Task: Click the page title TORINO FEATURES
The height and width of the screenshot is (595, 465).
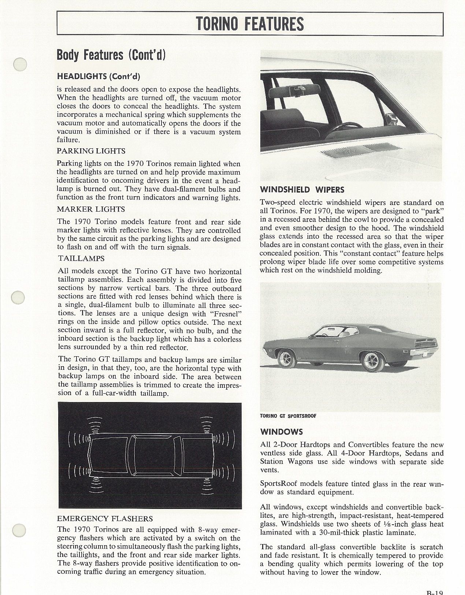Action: [250, 23]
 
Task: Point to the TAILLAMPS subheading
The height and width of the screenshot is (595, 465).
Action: [81, 259]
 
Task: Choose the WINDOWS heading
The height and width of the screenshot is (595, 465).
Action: [281, 432]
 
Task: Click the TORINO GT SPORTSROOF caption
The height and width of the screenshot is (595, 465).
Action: [288, 416]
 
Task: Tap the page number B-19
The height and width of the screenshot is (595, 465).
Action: [435, 591]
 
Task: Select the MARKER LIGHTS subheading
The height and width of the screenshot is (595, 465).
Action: [91, 209]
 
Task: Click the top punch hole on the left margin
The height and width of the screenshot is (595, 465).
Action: [20, 64]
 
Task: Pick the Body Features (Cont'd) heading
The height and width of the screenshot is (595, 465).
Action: [111, 55]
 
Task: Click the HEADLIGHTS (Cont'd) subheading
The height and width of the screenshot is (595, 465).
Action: [98, 76]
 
